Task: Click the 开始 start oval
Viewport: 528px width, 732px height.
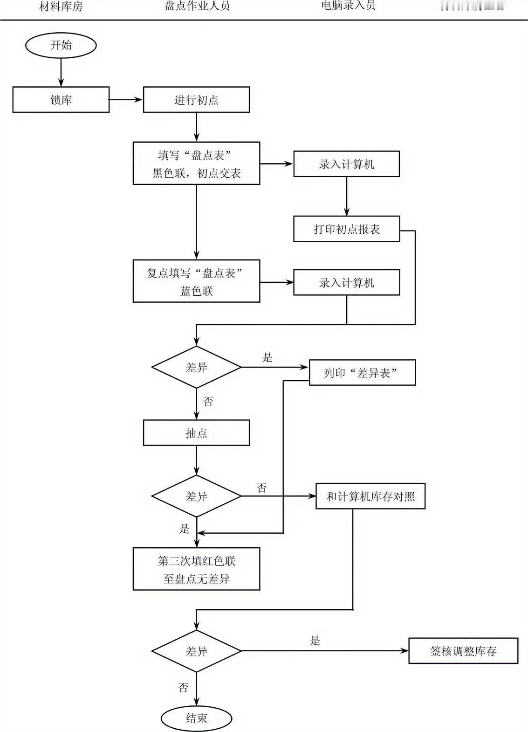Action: coord(61,45)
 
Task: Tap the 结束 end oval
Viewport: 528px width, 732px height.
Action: coord(196,718)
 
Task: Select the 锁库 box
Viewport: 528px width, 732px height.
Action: coord(61,100)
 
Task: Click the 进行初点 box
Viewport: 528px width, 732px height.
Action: coord(196,100)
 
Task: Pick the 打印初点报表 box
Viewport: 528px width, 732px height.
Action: coord(346,229)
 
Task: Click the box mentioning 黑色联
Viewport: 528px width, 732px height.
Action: coord(196,164)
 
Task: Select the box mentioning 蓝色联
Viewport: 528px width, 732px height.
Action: coord(196,281)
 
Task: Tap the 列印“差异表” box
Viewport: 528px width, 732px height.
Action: coord(362,373)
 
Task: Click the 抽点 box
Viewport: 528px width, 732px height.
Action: coord(196,433)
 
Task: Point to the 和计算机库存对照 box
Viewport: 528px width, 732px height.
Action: coord(370,496)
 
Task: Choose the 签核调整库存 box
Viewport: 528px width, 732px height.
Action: coord(463,651)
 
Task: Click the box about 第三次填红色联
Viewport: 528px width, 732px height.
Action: coord(196,569)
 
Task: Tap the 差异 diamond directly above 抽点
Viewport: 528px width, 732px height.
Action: coord(196,367)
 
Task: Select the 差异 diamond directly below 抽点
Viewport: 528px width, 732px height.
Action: coord(196,496)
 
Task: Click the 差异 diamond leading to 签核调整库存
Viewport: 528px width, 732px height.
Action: coord(196,651)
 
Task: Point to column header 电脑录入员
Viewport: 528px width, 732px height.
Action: coord(348,6)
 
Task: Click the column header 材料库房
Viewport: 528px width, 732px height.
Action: coord(61,7)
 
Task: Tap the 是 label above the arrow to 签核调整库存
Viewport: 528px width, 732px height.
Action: coord(315,641)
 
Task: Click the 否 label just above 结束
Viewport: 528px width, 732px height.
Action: coord(183,687)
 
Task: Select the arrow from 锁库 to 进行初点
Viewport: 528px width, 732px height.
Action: coord(126,99)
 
